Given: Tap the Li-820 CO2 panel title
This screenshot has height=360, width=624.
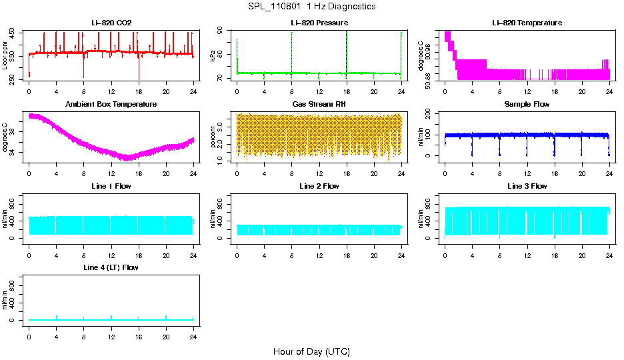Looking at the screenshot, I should [x=111, y=23].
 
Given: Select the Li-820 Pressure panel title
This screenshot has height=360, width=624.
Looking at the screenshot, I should [x=319, y=23].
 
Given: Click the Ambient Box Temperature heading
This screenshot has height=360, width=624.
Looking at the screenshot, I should [x=111, y=104].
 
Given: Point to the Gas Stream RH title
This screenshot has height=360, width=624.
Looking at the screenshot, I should [x=319, y=104].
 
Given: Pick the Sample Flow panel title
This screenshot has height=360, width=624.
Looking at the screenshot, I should [x=527, y=104].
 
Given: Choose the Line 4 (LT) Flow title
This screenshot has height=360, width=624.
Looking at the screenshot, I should [x=111, y=267].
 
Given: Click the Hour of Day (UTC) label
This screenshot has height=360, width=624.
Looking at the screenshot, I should [x=311, y=351].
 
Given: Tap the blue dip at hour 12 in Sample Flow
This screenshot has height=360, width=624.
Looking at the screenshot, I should [x=527, y=150].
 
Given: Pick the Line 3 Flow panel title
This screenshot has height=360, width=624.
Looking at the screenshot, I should [x=527, y=185].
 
